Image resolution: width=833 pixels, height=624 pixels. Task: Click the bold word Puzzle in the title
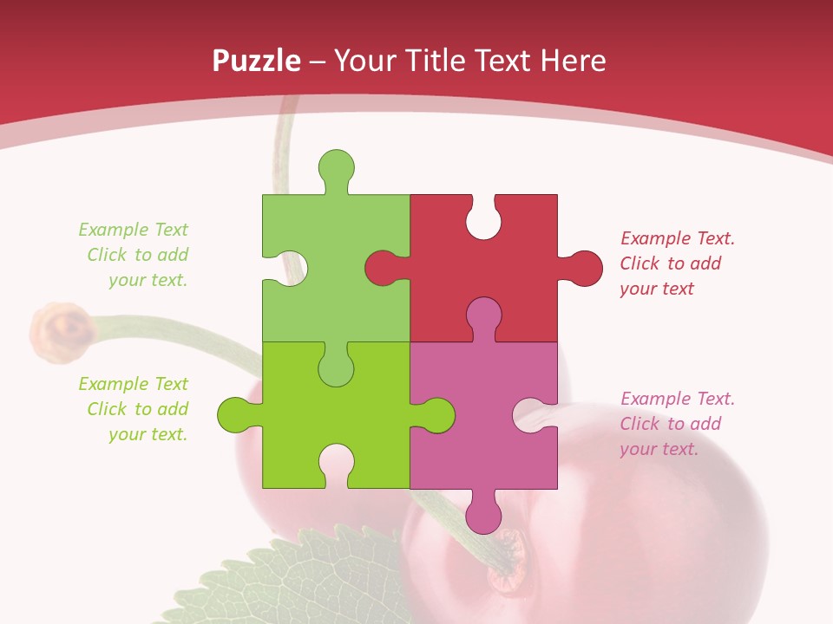pyautogui.click(x=256, y=61)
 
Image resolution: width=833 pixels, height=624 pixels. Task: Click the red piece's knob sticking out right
pyautogui.click(x=583, y=268)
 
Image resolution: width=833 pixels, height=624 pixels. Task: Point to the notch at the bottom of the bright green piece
pyautogui.click(x=336, y=464)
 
